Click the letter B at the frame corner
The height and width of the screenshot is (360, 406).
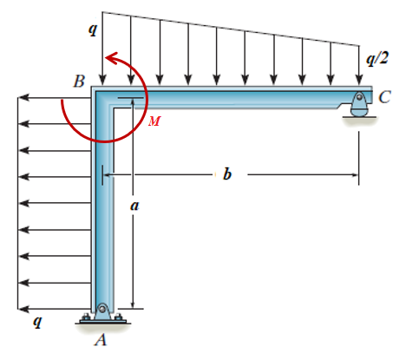(79, 82)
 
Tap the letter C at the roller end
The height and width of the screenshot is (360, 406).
(384, 97)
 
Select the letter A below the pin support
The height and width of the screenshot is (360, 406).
(101, 340)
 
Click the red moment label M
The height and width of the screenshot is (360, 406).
(154, 121)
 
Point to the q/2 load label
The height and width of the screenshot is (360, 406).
(377, 59)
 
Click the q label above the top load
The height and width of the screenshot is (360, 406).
(93, 29)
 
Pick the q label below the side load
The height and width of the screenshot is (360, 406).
(37, 321)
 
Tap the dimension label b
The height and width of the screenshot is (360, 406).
(227, 173)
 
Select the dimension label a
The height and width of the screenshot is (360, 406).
(134, 206)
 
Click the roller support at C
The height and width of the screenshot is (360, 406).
(359, 104)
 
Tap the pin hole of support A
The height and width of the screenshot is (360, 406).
(102, 308)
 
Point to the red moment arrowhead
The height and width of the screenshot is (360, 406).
(112, 58)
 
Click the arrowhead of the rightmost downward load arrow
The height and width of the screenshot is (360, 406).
(359, 80)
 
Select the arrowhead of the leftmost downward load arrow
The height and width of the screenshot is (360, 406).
(102, 80)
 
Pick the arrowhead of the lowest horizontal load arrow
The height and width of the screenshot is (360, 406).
(23, 309)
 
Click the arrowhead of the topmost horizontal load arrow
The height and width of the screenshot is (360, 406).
(23, 98)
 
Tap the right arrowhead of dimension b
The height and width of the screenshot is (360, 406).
(355, 174)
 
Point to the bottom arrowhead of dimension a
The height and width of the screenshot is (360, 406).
(133, 304)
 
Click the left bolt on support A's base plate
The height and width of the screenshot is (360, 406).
(86, 317)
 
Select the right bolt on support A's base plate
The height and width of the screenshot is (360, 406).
(118, 317)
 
